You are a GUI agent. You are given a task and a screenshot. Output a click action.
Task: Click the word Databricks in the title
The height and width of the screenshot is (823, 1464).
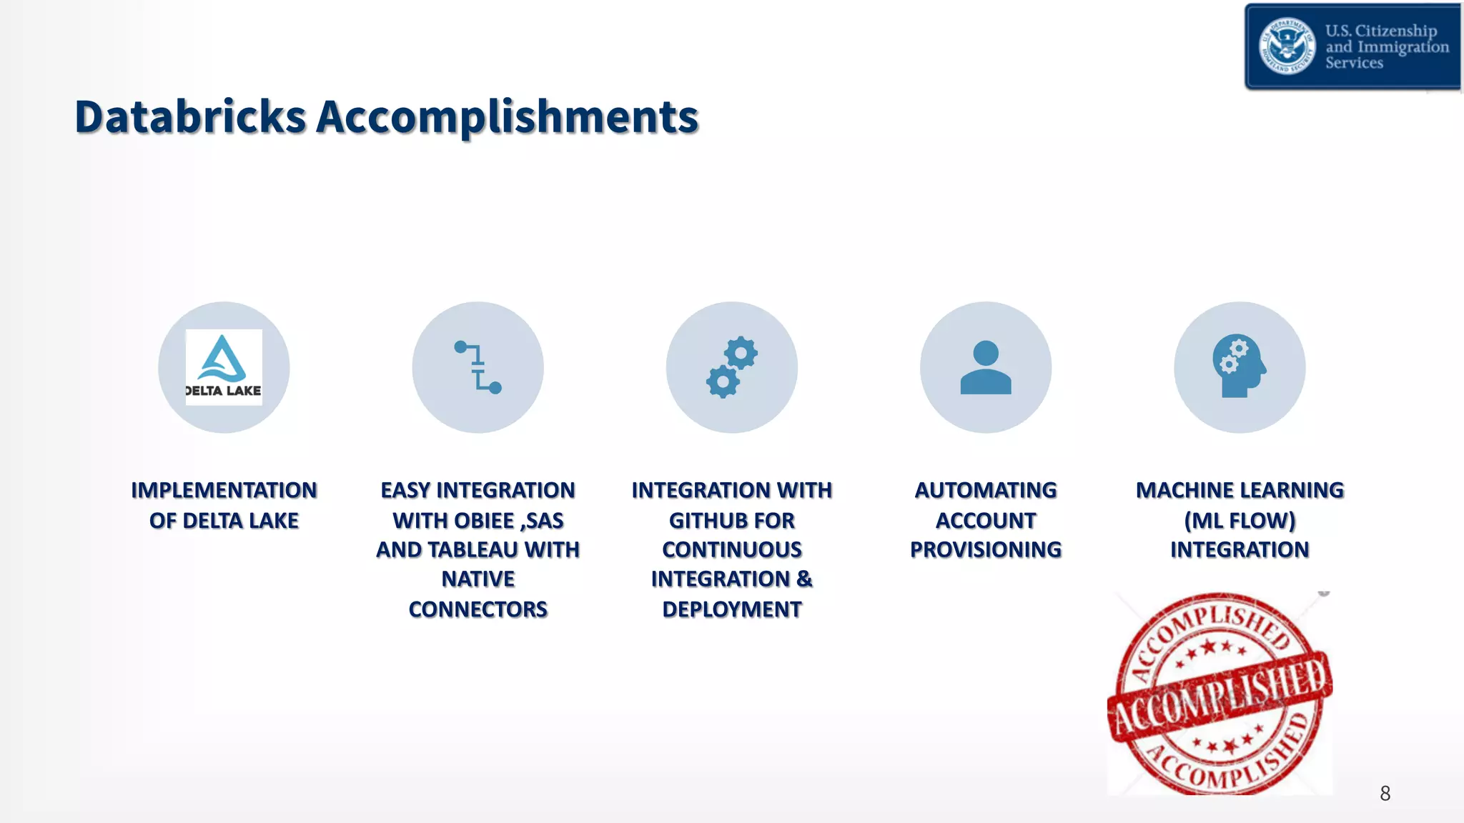pyautogui.click(x=190, y=117)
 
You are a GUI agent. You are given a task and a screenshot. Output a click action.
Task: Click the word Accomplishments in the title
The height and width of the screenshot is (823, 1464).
pyautogui.click(x=507, y=117)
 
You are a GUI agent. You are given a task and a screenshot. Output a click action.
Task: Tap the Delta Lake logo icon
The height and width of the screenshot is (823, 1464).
pyautogui.click(x=224, y=367)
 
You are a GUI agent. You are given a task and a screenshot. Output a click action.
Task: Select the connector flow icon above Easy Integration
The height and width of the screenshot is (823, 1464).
pyautogui.click(x=478, y=367)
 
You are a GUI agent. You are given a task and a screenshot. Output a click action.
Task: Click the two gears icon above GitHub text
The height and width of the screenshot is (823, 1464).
pyautogui.click(x=731, y=367)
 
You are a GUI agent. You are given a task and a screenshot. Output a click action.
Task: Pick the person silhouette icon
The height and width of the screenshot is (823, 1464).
pyautogui.click(x=985, y=367)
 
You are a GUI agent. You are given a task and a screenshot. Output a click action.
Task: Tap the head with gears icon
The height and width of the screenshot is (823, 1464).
pyautogui.click(x=1239, y=367)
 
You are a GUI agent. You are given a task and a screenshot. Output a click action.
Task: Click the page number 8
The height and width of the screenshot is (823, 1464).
pyautogui.click(x=1385, y=794)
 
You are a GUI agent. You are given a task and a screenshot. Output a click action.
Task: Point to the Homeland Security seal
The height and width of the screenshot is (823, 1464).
pyautogui.click(x=1287, y=46)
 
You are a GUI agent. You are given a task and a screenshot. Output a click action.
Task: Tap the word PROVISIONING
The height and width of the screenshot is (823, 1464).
pyautogui.click(x=985, y=550)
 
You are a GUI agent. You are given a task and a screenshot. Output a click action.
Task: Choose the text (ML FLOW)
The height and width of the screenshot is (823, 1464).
pyautogui.click(x=1240, y=521)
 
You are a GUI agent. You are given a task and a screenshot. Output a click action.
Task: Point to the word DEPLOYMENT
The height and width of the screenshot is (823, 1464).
pyautogui.click(x=731, y=609)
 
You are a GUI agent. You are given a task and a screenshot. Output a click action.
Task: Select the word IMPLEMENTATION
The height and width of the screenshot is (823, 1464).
pyautogui.click(x=224, y=491)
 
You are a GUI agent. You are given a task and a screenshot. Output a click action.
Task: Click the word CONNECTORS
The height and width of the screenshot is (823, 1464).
pyautogui.click(x=478, y=609)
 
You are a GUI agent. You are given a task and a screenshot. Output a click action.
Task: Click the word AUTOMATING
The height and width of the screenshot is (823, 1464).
pyautogui.click(x=985, y=491)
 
